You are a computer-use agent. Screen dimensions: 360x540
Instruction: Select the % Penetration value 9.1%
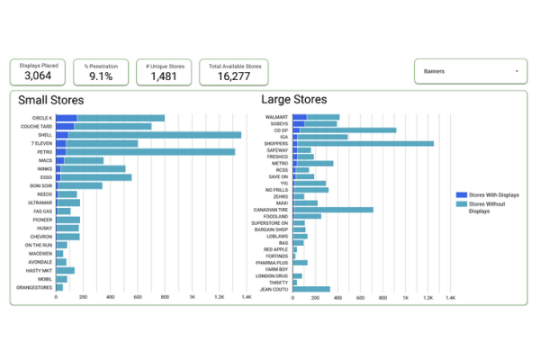[x=100, y=76]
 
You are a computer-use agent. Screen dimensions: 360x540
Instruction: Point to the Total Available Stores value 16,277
[x=234, y=76]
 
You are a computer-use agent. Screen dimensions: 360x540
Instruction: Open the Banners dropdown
[x=471, y=71]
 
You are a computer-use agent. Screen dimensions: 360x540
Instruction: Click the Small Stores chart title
[x=59, y=100]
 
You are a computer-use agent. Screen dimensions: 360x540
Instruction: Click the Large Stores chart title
[x=293, y=100]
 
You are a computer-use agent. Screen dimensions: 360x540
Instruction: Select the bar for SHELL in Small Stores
[x=148, y=135]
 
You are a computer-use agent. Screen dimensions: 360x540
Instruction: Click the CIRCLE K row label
[x=41, y=118]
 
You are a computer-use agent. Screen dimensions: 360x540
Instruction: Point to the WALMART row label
[x=276, y=117]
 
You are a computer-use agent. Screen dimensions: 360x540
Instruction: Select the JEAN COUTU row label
[x=274, y=289]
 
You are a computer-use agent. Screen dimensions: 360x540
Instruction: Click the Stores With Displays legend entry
[x=491, y=193]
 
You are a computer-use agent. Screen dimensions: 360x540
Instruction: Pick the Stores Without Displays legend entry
[x=491, y=208]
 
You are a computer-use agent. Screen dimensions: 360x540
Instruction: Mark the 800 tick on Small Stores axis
[x=165, y=297]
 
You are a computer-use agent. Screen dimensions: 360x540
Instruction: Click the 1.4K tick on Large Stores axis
[x=451, y=297]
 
